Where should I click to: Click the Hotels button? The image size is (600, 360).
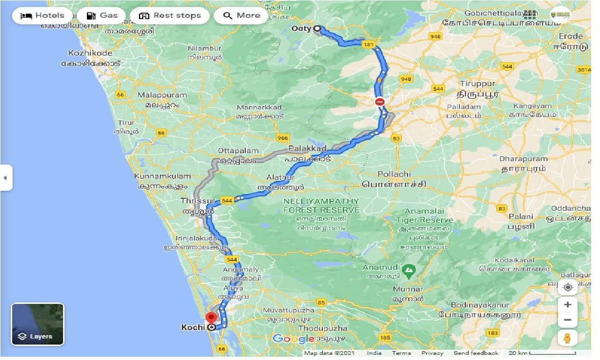pos(42,15)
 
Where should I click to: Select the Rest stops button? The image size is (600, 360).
pos(170,15)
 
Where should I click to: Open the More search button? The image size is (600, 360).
pos(241,15)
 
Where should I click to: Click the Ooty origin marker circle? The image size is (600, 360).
pos(317,29)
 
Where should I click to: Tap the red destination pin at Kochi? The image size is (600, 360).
pos(212,319)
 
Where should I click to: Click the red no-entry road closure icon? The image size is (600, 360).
pos(379,101)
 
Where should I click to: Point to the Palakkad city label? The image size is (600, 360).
pos(307,149)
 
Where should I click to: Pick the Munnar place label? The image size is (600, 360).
pos(408,289)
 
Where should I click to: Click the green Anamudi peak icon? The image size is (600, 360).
pos(409,269)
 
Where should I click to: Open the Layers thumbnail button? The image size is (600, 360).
pos(37,324)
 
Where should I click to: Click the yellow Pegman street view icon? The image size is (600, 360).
pos(567,338)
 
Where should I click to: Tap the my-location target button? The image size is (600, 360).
pos(567,287)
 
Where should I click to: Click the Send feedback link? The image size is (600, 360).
pos(476,353)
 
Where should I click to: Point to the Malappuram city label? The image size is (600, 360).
pos(162,95)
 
